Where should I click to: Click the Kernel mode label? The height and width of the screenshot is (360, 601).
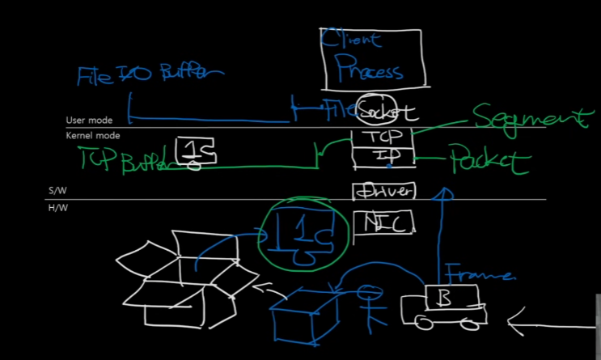(x=92, y=136)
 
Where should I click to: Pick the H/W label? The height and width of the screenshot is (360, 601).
(x=58, y=209)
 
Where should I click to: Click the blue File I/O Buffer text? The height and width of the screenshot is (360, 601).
(x=149, y=75)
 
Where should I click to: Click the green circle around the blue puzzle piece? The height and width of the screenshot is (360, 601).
(x=303, y=235)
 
